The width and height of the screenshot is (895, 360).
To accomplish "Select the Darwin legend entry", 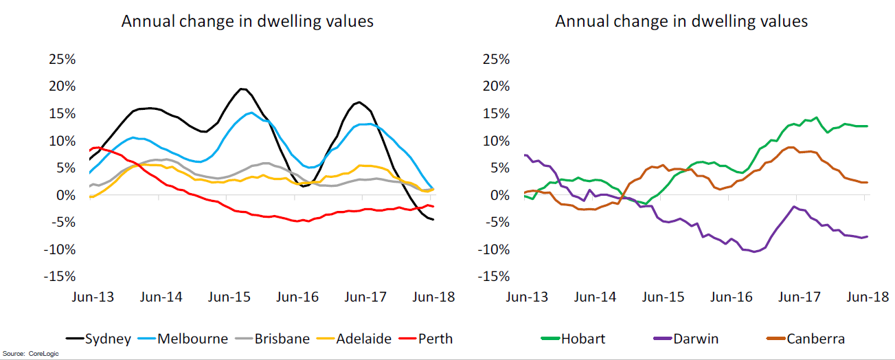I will coord(694,339).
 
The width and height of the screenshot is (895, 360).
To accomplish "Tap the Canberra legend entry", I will coord(815,339).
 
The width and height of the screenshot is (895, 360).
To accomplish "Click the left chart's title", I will coord(247,21).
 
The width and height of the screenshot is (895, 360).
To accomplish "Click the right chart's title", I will coord(681,21).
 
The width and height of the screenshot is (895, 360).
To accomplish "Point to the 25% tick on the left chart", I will coord(62,59).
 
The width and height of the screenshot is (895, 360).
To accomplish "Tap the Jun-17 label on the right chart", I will coord(799,297).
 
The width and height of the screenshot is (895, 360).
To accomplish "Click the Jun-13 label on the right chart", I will coord(527,297).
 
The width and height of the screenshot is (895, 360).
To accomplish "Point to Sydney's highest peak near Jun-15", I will coord(242,89).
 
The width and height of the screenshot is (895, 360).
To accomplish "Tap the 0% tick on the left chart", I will coord(65,195).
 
